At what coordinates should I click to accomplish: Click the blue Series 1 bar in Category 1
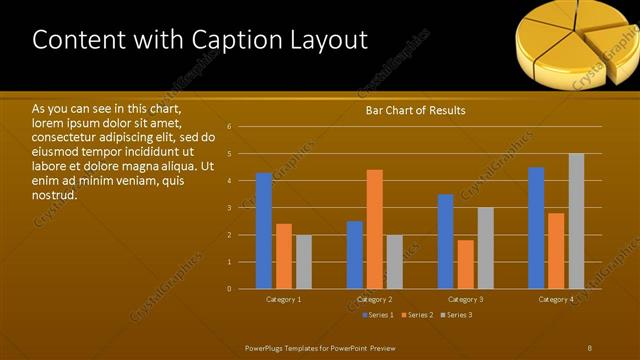[264, 231]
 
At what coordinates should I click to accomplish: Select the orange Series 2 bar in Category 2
[375, 229]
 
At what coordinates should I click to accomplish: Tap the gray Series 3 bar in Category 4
[576, 221]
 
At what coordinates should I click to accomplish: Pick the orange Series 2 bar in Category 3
[465, 264]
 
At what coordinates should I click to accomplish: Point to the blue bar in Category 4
[536, 228]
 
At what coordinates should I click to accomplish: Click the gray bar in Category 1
[304, 262]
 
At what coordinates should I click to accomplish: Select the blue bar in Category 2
[355, 255]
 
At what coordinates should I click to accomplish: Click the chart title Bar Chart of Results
[415, 111]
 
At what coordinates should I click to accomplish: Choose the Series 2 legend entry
[417, 315]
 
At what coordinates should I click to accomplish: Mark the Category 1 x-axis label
[284, 299]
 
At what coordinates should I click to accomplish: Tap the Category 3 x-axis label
[465, 299]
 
